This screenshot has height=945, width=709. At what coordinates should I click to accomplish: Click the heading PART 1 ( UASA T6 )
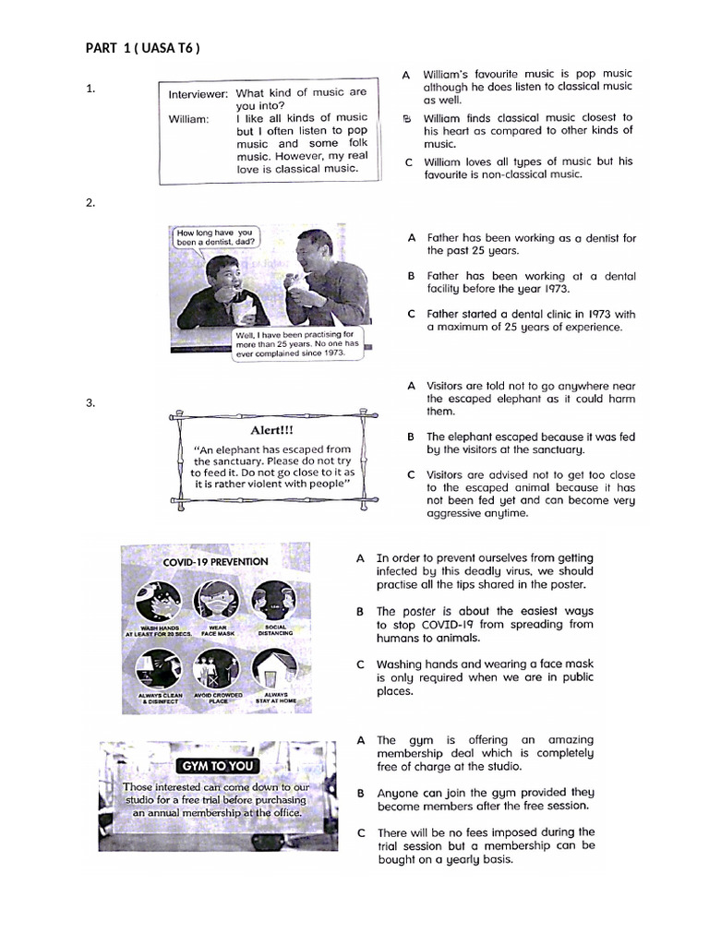pyautogui.click(x=142, y=48)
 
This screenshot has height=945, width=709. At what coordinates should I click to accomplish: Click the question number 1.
pyautogui.click(x=90, y=90)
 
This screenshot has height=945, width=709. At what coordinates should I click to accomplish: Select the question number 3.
pyautogui.click(x=90, y=402)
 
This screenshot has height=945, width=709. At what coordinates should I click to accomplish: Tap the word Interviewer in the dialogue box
pyautogui.click(x=198, y=94)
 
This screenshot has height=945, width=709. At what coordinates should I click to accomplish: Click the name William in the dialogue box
pyautogui.click(x=188, y=118)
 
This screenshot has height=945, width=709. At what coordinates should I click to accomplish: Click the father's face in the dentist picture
pyautogui.click(x=315, y=257)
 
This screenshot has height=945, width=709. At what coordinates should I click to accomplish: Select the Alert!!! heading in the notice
pyautogui.click(x=273, y=430)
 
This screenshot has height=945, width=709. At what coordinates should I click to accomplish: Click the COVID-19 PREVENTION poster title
pyautogui.click(x=215, y=561)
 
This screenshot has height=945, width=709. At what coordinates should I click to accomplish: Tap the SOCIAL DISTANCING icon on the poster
pyautogui.click(x=274, y=604)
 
